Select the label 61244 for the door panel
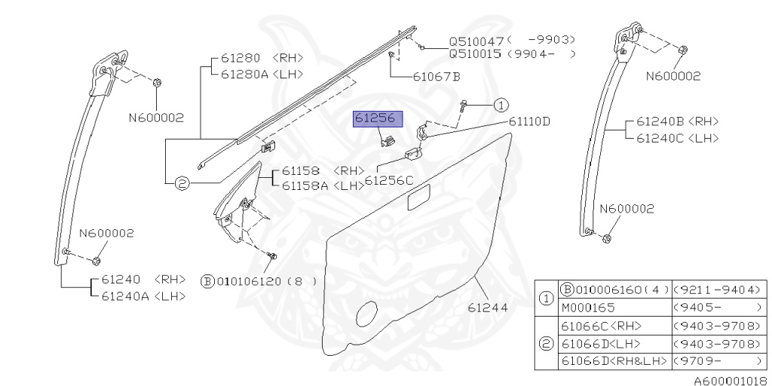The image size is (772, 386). tap(488, 308)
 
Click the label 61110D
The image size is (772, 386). tap(529, 121)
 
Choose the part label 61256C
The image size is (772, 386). tap(389, 181)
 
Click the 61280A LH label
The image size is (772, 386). tap(262, 75)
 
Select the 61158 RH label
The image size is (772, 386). tap(323, 171)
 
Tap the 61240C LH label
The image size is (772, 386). tap(678, 139)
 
